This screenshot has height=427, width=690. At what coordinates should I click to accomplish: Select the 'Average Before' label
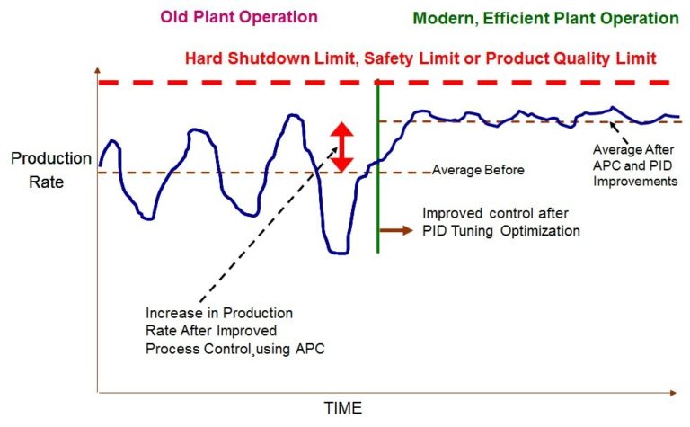point(478,169)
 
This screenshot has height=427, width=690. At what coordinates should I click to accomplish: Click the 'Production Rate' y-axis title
point(50,168)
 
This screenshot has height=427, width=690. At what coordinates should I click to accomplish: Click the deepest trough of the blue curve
point(338,253)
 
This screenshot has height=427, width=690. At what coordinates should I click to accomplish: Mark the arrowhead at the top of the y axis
point(96,71)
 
